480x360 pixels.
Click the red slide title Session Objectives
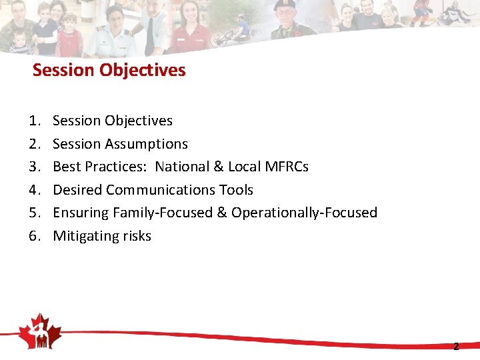[109, 70]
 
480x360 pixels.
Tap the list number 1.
[33, 121]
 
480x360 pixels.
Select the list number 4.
[33, 190]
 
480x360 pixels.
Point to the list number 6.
[33, 236]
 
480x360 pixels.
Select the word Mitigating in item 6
[85, 236]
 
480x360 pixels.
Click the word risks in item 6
[136, 236]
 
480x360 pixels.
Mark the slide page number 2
[456, 347]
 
